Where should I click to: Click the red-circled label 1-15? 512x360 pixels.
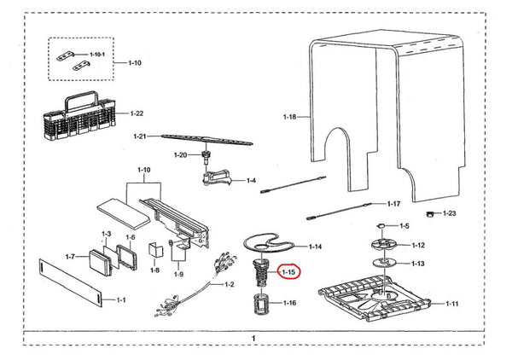pyautogui.click(x=289, y=272)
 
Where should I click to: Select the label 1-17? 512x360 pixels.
pyautogui.click(x=393, y=204)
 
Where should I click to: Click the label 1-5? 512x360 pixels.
pyautogui.click(x=405, y=225)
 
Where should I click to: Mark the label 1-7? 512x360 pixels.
pyautogui.click(x=71, y=256)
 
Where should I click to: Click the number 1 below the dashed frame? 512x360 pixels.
pyautogui.click(x=253, y=339)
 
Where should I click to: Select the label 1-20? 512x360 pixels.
pyautogui.click(x=180, y=154)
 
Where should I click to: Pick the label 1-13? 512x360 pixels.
pyautogui.click(x=418, y=264)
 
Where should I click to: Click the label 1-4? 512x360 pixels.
pyautogui.click(x=251, y=180)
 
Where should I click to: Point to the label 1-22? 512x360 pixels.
pyautogui.click(x=137, y=113)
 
